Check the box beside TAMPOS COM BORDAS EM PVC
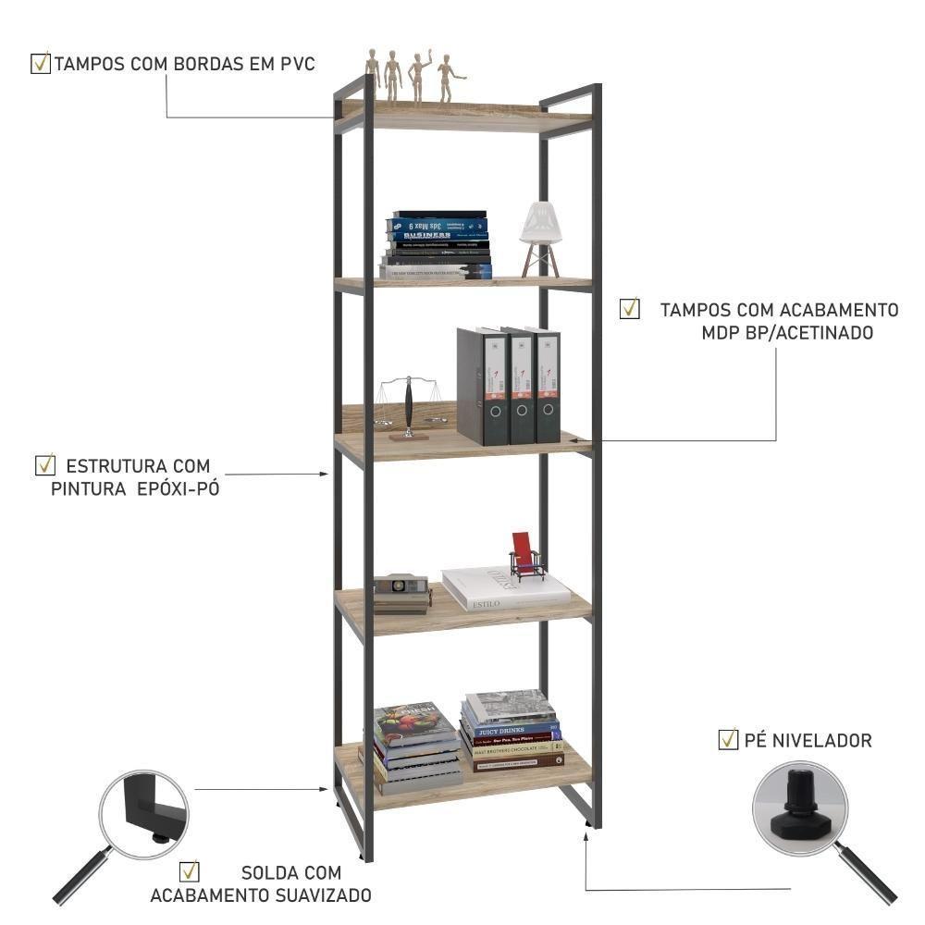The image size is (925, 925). (41, 64)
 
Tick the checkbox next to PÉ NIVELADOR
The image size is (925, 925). (728, 739)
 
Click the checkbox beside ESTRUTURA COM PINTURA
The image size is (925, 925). (43, 463)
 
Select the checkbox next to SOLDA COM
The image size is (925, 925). (190, 871)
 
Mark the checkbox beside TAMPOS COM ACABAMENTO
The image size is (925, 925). (630, 309)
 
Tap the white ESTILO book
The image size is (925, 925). (504, 589)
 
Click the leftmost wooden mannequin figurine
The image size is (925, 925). (373, 73)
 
